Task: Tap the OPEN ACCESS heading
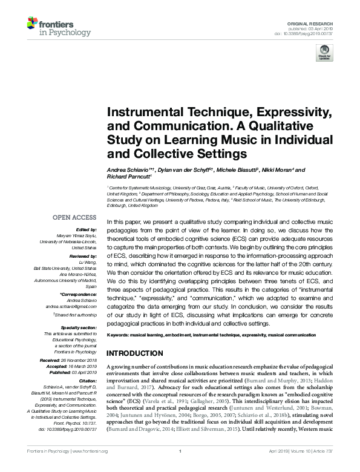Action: [74, 217]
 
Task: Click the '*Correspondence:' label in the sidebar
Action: [78, 294]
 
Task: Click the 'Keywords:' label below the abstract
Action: [119, 335]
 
